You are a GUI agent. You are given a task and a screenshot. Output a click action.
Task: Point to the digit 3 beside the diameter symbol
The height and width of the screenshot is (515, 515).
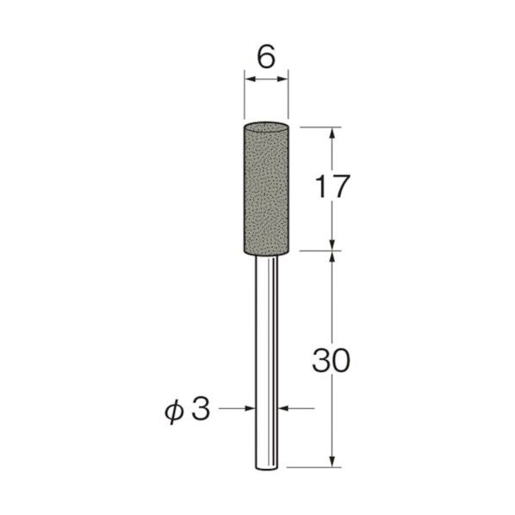click(x=200, y=409)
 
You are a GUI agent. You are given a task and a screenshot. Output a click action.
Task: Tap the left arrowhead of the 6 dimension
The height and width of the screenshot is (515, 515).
click(x=249, y=81)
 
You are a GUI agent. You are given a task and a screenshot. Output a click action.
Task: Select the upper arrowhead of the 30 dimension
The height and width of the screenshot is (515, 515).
click(x=332, y=258)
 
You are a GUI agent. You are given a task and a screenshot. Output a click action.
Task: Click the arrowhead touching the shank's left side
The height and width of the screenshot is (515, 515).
click(x=251, y=410)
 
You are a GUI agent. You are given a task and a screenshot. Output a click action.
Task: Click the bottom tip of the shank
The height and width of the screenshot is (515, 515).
click(x=266, y=468)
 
